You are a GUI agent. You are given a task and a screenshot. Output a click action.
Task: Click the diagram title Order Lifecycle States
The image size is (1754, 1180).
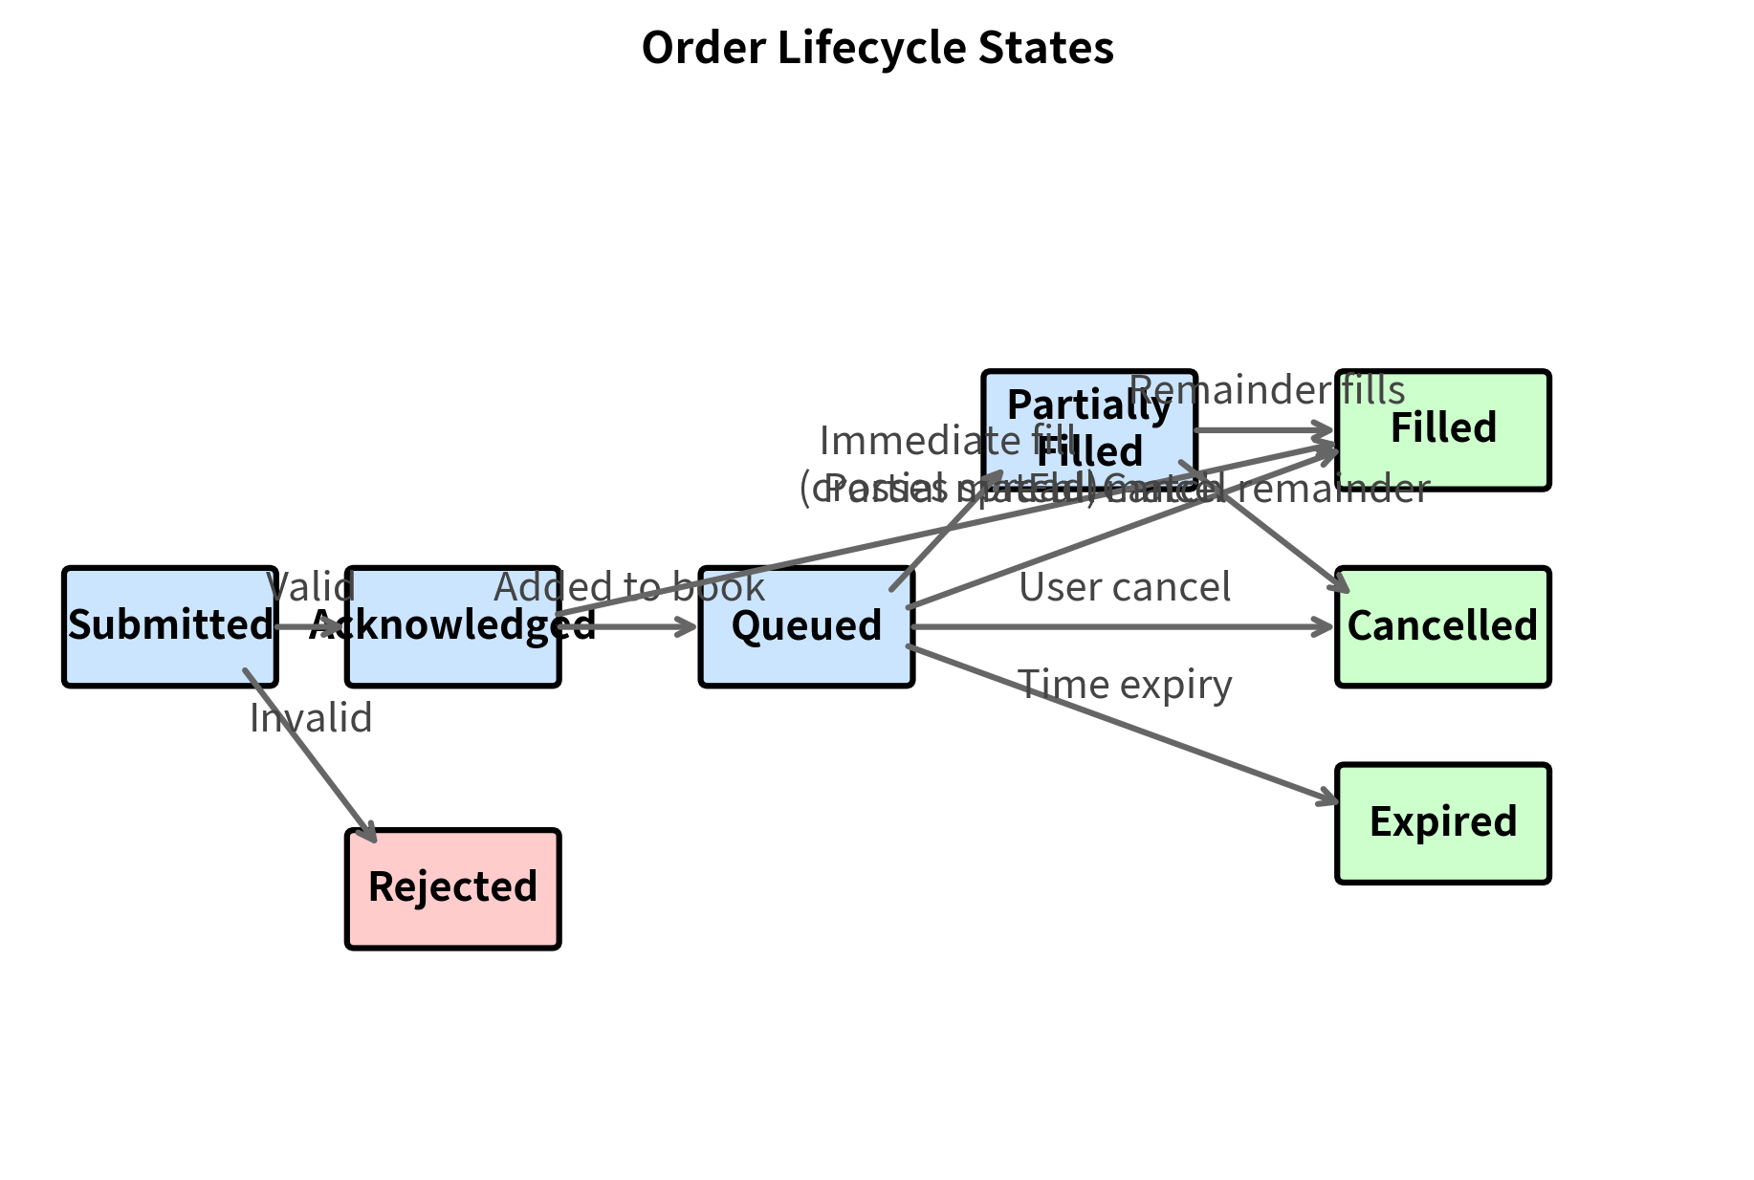(x=877, y=48)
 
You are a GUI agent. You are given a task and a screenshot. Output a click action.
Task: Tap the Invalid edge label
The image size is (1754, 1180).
(x=311, y=718)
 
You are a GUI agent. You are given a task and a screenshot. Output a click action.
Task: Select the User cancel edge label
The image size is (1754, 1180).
(x=1125, y=587)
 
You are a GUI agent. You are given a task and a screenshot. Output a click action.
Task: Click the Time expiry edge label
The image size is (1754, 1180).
(x=1125, y=685)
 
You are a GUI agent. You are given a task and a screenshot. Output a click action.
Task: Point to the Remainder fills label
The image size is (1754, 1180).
(x=1267, y=390)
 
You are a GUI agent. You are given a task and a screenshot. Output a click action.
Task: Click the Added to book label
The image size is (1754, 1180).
(x=629, y=587)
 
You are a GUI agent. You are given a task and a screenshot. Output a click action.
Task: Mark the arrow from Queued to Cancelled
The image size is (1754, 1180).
(x=1119, y=626)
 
